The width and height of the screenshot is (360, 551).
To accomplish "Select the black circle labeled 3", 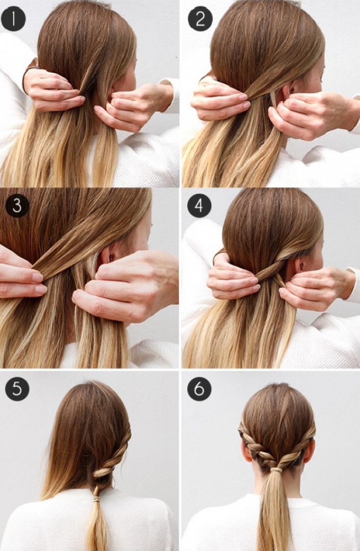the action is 17,205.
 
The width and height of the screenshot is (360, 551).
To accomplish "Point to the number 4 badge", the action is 199,205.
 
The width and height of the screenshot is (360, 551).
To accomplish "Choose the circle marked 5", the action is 17,389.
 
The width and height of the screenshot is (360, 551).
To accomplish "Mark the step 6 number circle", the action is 199,389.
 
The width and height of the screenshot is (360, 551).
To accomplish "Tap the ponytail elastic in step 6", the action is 276,470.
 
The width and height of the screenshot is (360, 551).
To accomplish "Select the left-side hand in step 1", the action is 53,90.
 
